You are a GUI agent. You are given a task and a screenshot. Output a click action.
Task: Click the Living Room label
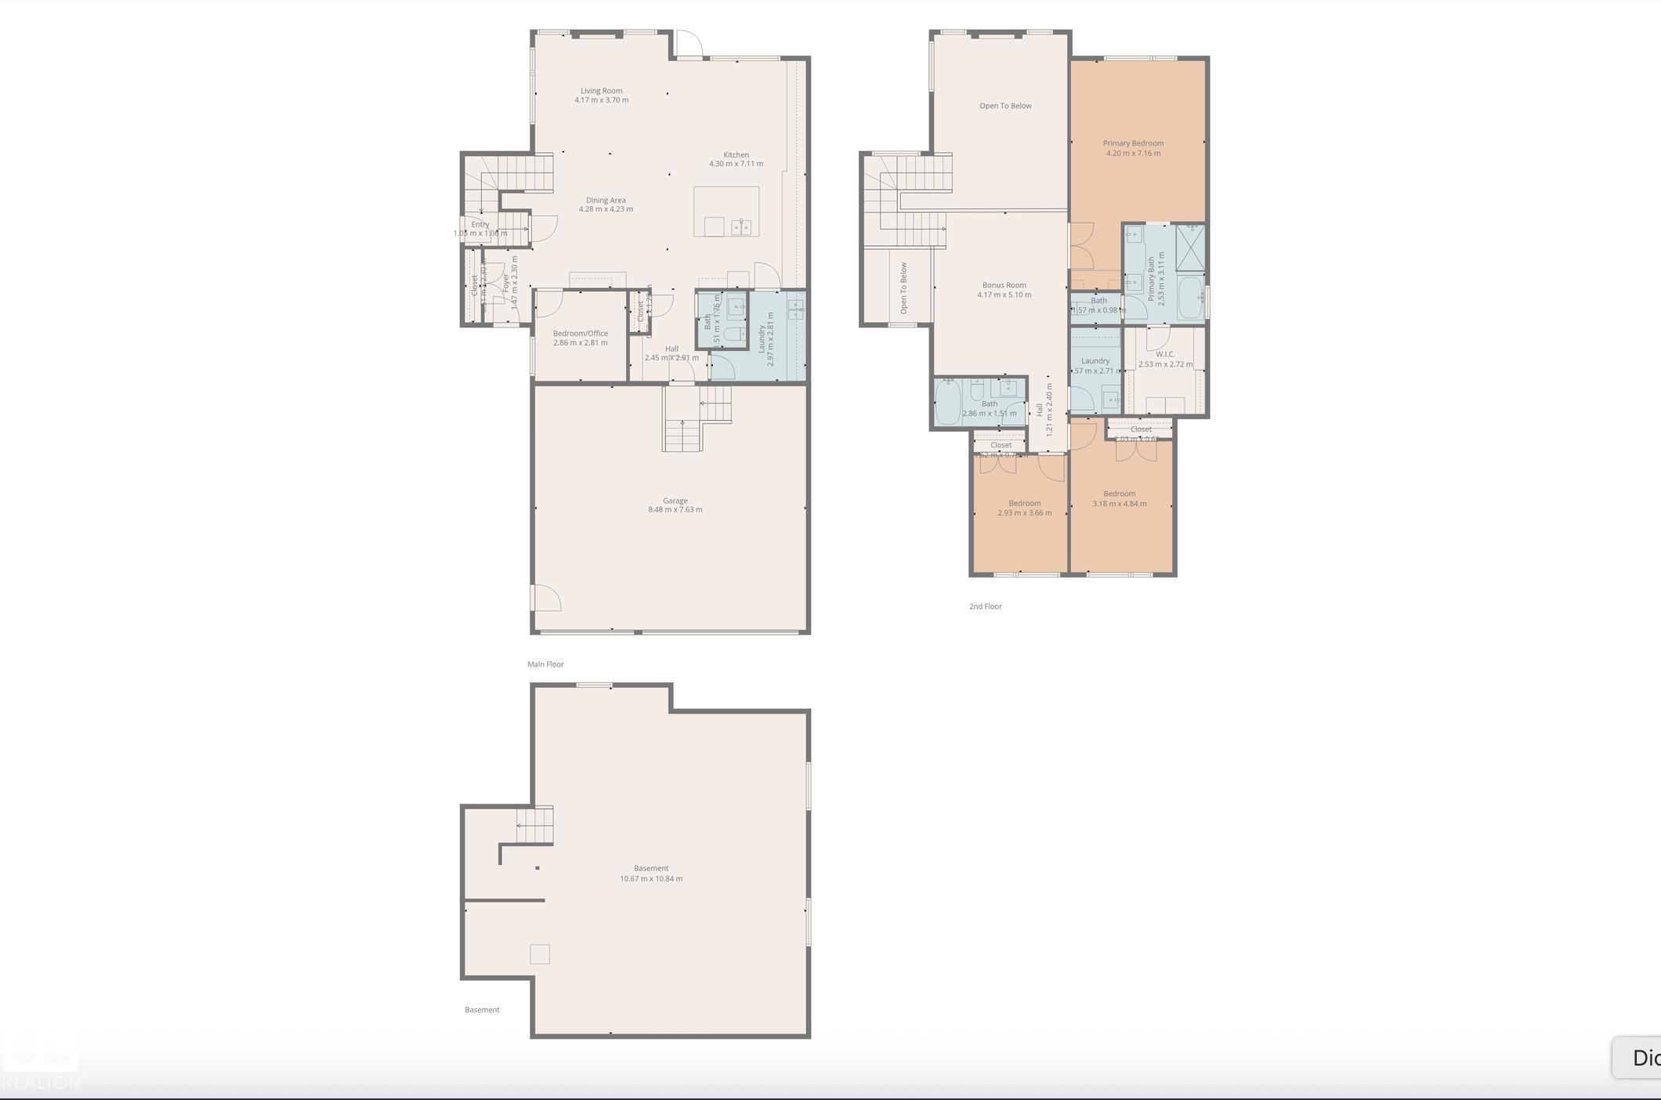(601, 91)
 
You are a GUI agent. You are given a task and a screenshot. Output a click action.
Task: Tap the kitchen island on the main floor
(726, 211)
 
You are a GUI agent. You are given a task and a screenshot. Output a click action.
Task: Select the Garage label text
(675, 501)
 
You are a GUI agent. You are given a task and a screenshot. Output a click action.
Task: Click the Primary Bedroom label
(1133, 143)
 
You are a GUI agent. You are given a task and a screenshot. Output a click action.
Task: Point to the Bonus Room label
(1004, 285)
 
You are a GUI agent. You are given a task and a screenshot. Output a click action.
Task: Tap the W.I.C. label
(1165, 354)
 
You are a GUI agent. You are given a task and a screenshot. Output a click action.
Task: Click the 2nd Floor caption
(985, 606)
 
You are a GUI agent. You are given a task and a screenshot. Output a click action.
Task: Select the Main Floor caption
(545, 664)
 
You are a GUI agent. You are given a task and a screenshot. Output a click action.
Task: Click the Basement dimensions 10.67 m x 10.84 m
(651, 879)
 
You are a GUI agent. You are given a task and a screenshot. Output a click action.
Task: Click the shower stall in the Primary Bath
(1190, 248)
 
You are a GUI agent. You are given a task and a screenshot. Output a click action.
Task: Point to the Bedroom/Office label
(580, 333)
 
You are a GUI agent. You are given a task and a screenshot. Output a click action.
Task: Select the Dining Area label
(606, 200)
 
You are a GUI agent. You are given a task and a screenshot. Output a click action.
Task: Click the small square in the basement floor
(539, 953)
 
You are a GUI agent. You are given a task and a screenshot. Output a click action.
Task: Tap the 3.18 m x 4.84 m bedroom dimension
(1119, 504)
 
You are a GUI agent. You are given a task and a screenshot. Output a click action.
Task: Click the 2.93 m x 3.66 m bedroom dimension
(1024, 513)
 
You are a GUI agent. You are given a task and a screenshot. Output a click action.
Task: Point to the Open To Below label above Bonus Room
(1005, 106)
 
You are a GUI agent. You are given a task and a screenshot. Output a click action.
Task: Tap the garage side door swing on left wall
(547, 598)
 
